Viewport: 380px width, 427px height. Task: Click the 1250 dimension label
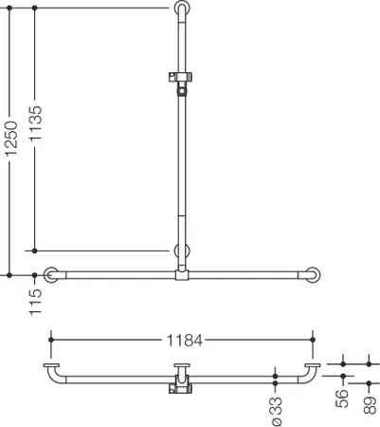11,139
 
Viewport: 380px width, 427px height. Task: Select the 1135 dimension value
35,123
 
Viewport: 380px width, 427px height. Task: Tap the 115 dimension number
35,302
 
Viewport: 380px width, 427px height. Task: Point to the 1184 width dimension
184,341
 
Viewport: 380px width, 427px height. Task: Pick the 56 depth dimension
342,399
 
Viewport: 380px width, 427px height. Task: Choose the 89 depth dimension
370,403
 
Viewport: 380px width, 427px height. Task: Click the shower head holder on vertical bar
180,84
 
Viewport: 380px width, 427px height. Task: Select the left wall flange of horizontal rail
51,275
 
